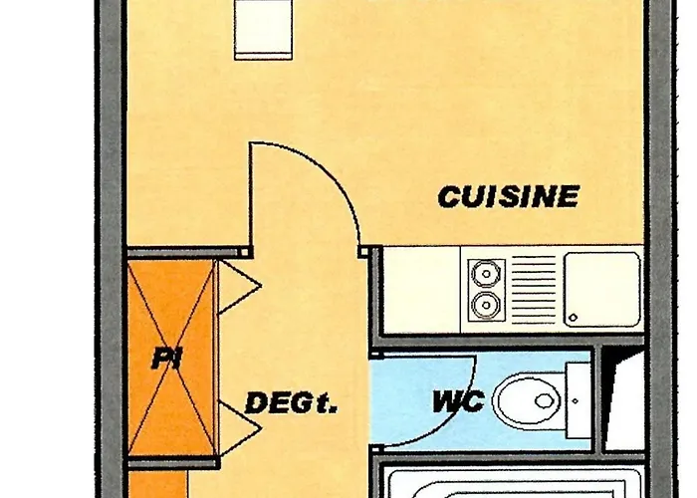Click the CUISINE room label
coord(508,196)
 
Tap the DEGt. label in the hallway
coord(292,404)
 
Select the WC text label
coord(457,403)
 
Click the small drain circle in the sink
coord(573,319)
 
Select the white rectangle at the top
coord(263,28)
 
